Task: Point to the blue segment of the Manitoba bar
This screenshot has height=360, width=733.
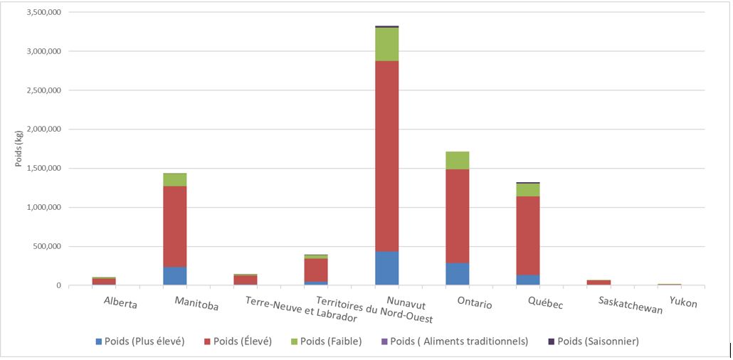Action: click(x=174, y=276)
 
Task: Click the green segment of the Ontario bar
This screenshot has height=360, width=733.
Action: click(x=457, y=160)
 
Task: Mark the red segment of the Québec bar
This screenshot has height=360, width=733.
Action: click(x=528, y=235)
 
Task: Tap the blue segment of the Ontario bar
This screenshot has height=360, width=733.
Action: click(x=457, y=274)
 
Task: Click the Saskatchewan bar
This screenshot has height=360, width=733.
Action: click(x=598, y=282)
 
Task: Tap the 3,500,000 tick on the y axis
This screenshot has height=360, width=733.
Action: click(x=43, y=13)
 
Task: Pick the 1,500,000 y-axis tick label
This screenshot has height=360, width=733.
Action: click(x=43, y=169)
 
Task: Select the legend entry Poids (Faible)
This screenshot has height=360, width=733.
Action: click(x=332, y=342)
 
